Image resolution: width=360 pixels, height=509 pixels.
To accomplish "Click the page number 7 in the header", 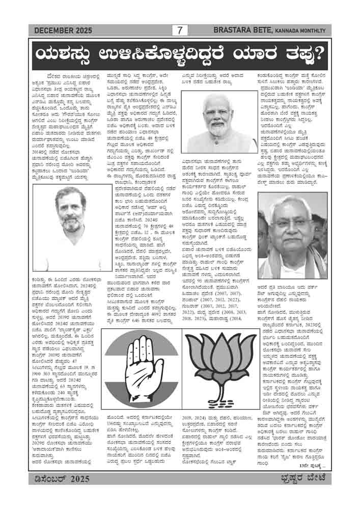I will pos(180,31).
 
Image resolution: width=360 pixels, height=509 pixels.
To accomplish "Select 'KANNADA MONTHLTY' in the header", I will pos(303,31).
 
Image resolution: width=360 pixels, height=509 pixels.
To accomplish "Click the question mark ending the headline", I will pos(319,53).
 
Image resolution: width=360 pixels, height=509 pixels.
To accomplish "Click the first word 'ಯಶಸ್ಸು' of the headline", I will pos(62,53).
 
